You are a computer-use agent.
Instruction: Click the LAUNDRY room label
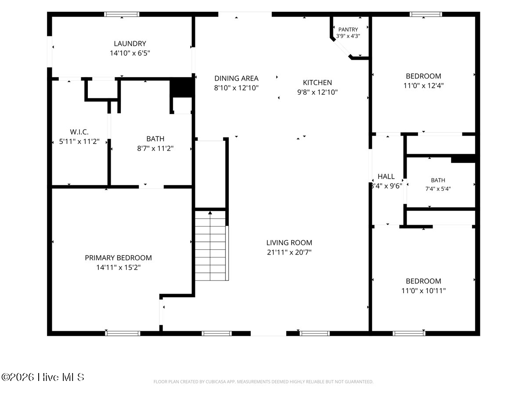(x=130, y=43)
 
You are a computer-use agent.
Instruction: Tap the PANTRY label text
(x=348, y=29)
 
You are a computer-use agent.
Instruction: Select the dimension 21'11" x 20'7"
(x=289, y=252)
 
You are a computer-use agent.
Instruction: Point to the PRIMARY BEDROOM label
(x=119, y=258)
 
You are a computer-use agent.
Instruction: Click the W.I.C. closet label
(x=79, y=132)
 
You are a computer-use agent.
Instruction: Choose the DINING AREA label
(x=236, y=79)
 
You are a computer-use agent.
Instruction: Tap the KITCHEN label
(x=318, y=83)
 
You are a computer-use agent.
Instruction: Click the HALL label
(x=386, y=176)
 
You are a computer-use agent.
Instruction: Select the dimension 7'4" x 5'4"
(x=438, y=189)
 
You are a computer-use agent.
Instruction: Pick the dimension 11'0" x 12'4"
(x=423, y=86)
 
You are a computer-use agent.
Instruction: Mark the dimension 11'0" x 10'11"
(x=423, y=291)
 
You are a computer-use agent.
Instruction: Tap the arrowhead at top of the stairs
(x=210, y=213)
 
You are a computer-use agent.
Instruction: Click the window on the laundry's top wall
(x=122, y=14)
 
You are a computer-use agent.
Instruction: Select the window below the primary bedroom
(x=123, y=334)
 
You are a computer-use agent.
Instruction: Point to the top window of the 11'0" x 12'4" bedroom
(x=426, y=14)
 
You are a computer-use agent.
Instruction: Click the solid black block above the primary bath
(x=182, y=87)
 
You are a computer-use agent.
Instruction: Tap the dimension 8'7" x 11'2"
(x=155, y=148)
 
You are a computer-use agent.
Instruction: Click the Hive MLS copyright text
(x=43, y=377)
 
